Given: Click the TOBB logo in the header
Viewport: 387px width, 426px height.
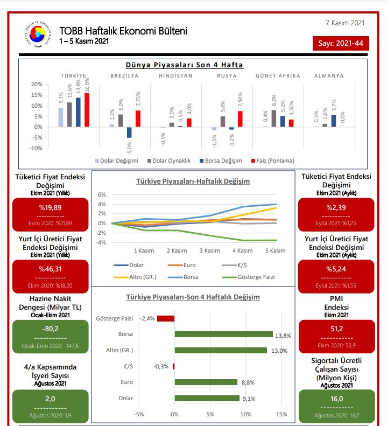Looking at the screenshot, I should click(38, 36).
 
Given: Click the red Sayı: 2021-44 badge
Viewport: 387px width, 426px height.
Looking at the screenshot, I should click(341, 43).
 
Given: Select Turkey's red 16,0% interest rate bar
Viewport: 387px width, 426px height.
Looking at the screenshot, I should click(87, 110).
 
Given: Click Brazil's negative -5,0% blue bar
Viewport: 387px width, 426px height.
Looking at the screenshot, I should click(129, 132).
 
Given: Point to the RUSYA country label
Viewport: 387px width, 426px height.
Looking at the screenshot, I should click(227, 76).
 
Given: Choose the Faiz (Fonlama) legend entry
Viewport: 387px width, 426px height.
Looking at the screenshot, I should click(273, 160).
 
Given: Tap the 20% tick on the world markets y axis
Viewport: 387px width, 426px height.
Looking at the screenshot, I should click(37, 85).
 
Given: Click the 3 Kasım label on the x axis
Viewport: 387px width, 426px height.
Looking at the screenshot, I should click(209, 250).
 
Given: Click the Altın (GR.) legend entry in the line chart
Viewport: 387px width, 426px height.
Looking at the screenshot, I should click(139, 276).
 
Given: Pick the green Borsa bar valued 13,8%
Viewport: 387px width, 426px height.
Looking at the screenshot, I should click(223, 334).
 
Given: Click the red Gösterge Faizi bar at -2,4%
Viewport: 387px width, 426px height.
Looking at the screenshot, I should click(166, 318).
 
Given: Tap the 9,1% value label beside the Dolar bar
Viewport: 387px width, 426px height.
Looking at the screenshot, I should click(249, 399).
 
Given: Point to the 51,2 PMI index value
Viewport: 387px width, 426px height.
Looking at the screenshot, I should click(337, 329).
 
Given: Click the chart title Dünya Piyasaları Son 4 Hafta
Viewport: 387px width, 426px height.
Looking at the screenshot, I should click(184, 65).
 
